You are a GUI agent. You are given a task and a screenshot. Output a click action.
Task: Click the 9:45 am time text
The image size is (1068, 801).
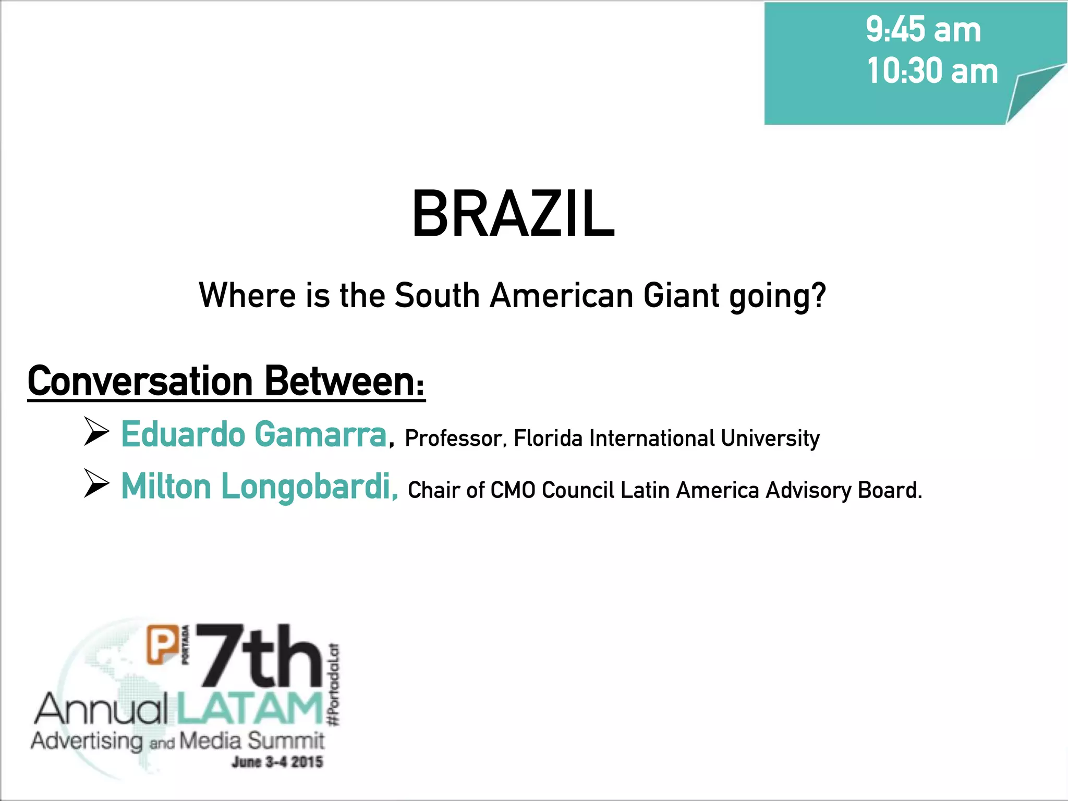(x=923, y=30)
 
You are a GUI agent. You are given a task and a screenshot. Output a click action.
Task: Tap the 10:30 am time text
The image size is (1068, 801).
(x=932, y=71)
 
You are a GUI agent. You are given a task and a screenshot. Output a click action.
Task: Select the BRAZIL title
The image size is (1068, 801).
(x=513, y=214)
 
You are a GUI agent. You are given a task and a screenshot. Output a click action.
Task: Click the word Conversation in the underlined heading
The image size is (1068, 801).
(x=140, y=381)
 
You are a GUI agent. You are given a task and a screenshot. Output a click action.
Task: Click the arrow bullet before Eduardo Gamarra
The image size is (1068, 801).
(x=96, y=433)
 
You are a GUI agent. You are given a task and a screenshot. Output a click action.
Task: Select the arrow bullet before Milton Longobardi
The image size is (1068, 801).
(x=96, y=486)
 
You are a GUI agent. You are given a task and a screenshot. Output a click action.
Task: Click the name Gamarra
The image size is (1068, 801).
(x=320, y=434)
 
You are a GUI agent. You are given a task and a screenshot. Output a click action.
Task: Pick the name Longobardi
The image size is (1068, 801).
(x=308, y=487)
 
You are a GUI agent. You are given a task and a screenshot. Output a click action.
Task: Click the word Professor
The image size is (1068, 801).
(x=453, y=439)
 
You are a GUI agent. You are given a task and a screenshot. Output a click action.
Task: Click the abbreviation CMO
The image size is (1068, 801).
(x=513, y=490)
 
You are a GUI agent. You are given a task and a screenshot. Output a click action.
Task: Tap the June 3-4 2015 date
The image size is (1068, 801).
(x=277, y=762)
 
